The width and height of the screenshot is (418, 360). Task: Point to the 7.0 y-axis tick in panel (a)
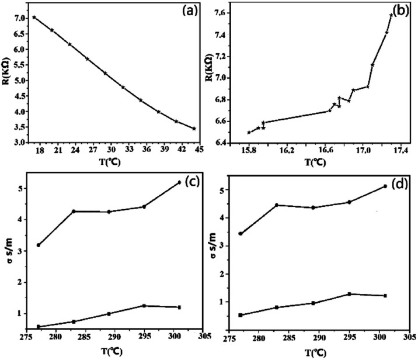[18, 18]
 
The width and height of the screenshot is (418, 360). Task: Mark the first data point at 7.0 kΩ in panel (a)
[34, 18]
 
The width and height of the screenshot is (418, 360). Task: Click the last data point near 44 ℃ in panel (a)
[194, 129]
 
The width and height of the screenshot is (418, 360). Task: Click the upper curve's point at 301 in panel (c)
[179, 182]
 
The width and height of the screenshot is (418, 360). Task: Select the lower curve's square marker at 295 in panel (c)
[144, 306]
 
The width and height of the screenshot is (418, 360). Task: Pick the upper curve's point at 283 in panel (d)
[277, 205]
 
